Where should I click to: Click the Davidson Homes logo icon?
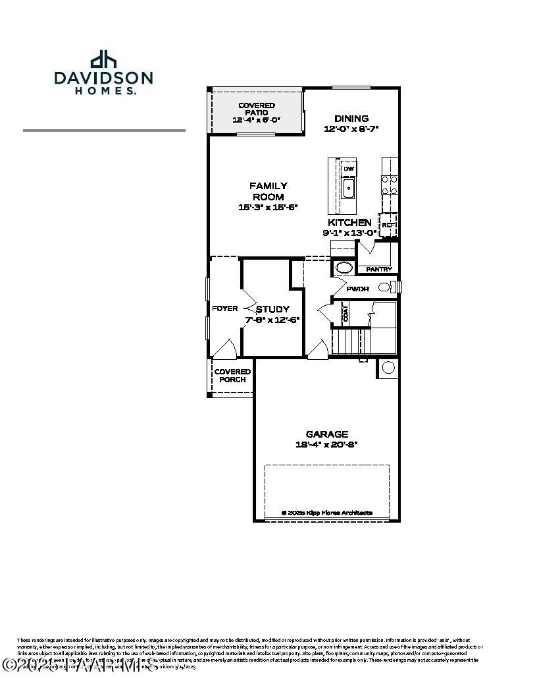pyautogui.click(x=103, y=59)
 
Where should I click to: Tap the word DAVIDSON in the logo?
pyautogui.click(x=103, y=78)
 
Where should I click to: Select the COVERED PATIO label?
pyautogui.click(x=256, y=109)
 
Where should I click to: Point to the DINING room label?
pyautogui.click(x=351, y=119)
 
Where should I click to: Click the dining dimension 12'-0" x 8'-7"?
pyautogui.click(x=351, y=129)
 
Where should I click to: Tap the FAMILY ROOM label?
pyautogui.click(x=268, y=191)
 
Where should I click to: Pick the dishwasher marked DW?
pyautogui.click(x=348, y=169)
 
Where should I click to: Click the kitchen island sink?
pyautogui.click(x=348, y=190)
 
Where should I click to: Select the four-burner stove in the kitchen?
pyautogui.click(x=390, y=185)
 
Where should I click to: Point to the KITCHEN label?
pyautogui.click(x=349, y=223)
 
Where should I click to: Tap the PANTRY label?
pyautogui.click(x=378, y=269)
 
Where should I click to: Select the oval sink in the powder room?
pyautogui.click(x=343, y=268)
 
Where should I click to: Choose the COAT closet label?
pyautogui.click(x=345, y=313)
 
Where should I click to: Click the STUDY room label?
pyautogui.click(x=272, y=309)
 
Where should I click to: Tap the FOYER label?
pyautogui.click(x=224, y=308)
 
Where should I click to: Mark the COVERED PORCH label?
pyautogui.click(x=232, y=376)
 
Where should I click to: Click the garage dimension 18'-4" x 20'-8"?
pyautogui.click(x=326, y=444)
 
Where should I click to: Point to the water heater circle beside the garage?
pyautogui.click(x=388, y=367)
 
